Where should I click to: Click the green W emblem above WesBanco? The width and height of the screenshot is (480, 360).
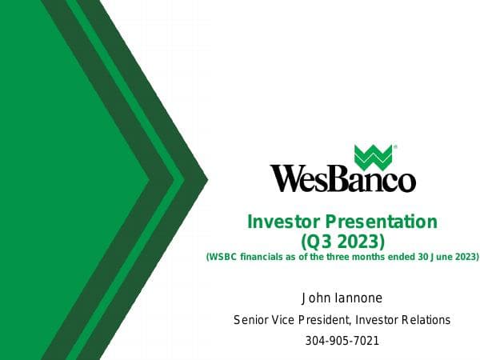tap(373, 157)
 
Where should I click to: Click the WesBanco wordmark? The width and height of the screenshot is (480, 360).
tap(342, 178)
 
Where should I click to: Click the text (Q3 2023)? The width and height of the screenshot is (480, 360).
tap(342, 240)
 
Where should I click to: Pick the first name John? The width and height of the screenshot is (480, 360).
tap(314, 298)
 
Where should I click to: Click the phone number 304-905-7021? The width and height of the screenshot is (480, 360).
tap(342, 341)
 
